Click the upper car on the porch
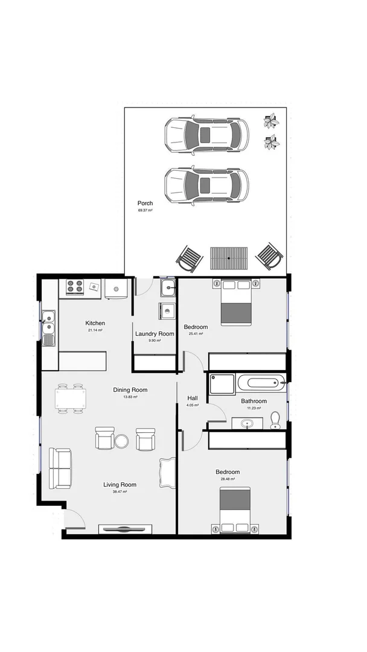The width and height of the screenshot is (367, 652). click(x=206, y=134)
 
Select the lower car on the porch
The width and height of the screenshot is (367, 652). click(x=206, y=184)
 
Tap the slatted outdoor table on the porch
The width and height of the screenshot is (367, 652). click(x=229, y=258)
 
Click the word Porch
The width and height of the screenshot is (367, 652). click(x=145, y=203)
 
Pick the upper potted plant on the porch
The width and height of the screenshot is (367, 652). click(x=272, y=120)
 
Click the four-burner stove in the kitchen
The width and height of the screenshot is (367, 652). click(x=75, y=287)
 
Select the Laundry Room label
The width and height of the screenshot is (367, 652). click(x=155, y=334)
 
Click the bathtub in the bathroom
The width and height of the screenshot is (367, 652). click(x=260, y=382)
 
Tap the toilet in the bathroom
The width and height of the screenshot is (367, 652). click(x=276, y=420)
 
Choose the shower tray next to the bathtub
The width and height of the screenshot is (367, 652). click(x=222, y=384)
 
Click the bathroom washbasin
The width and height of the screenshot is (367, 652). click(x=247, y=424)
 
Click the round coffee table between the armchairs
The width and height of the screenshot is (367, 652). click(x=122, y=441)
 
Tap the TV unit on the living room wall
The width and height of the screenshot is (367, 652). click(x=126, y=529)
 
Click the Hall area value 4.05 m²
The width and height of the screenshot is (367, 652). click(x=193, y=406)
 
